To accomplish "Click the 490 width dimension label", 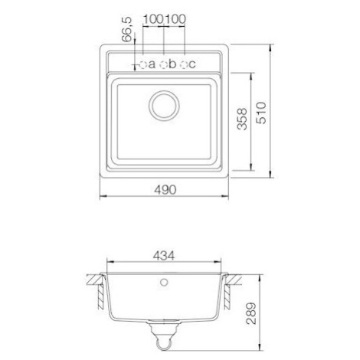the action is click(x=165, y=190).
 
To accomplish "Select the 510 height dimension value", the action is click(x=261, y=113).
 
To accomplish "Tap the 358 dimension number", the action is click(x=242, y=119).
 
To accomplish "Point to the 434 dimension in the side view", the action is click(x=164, y=256).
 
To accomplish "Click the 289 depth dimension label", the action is click(x=250, y=313).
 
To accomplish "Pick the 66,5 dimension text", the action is click(x=126, y=29).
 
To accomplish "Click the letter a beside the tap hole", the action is click(x=152, y=64).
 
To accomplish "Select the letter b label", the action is click(x=172, y=64).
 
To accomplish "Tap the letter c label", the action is click(x=192, y=64).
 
